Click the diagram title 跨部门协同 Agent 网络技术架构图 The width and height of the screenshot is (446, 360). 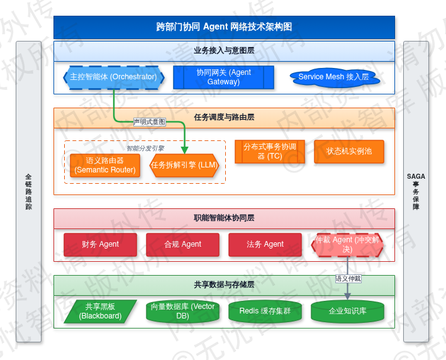click(x=224, y=27)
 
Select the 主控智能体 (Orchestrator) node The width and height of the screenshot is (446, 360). click(x=113, y=77)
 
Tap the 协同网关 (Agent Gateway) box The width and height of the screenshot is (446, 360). click(x=223, y=77)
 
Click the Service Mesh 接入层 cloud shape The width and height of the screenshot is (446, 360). click(x=333, y=77)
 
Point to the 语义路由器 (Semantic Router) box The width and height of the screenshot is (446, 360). click(x=105, y=166)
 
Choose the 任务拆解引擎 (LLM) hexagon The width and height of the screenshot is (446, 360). click(x=184, y=166)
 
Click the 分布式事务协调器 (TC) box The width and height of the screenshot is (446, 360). click(x=270, y=152)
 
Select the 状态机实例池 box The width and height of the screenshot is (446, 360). click(x=349, y=152)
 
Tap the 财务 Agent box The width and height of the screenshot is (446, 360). click(x=100, y=244)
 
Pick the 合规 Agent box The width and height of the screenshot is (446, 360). click(x=182, y=244)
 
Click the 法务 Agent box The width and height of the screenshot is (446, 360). click(x=265, y=244)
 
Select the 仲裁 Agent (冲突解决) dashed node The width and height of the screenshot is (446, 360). click(x=347, y=244)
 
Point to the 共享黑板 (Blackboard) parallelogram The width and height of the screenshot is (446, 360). click(x=100, y=312)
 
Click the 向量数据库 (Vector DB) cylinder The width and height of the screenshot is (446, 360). click(x=182, y=312)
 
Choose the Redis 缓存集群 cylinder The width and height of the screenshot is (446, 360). click(x=265, y=312)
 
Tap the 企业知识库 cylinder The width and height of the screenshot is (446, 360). click(x=347, y=312)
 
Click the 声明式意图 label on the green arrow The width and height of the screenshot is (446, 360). click(x=149, y=121)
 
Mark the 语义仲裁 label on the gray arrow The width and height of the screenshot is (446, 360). click(x=348, y=278)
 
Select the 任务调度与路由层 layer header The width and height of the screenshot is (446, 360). click(x=224, y=117)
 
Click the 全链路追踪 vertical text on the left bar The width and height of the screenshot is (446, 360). click(x=28, y=191)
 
